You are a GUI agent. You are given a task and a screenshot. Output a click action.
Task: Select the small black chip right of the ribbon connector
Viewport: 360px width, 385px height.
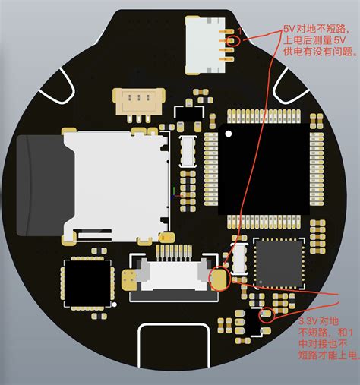279,263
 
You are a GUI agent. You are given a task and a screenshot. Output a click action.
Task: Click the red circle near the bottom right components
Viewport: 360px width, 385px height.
266,314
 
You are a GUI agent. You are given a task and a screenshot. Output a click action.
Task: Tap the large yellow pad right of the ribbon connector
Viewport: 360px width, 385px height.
220,279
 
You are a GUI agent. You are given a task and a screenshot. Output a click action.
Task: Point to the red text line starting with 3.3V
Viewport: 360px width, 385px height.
319,321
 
